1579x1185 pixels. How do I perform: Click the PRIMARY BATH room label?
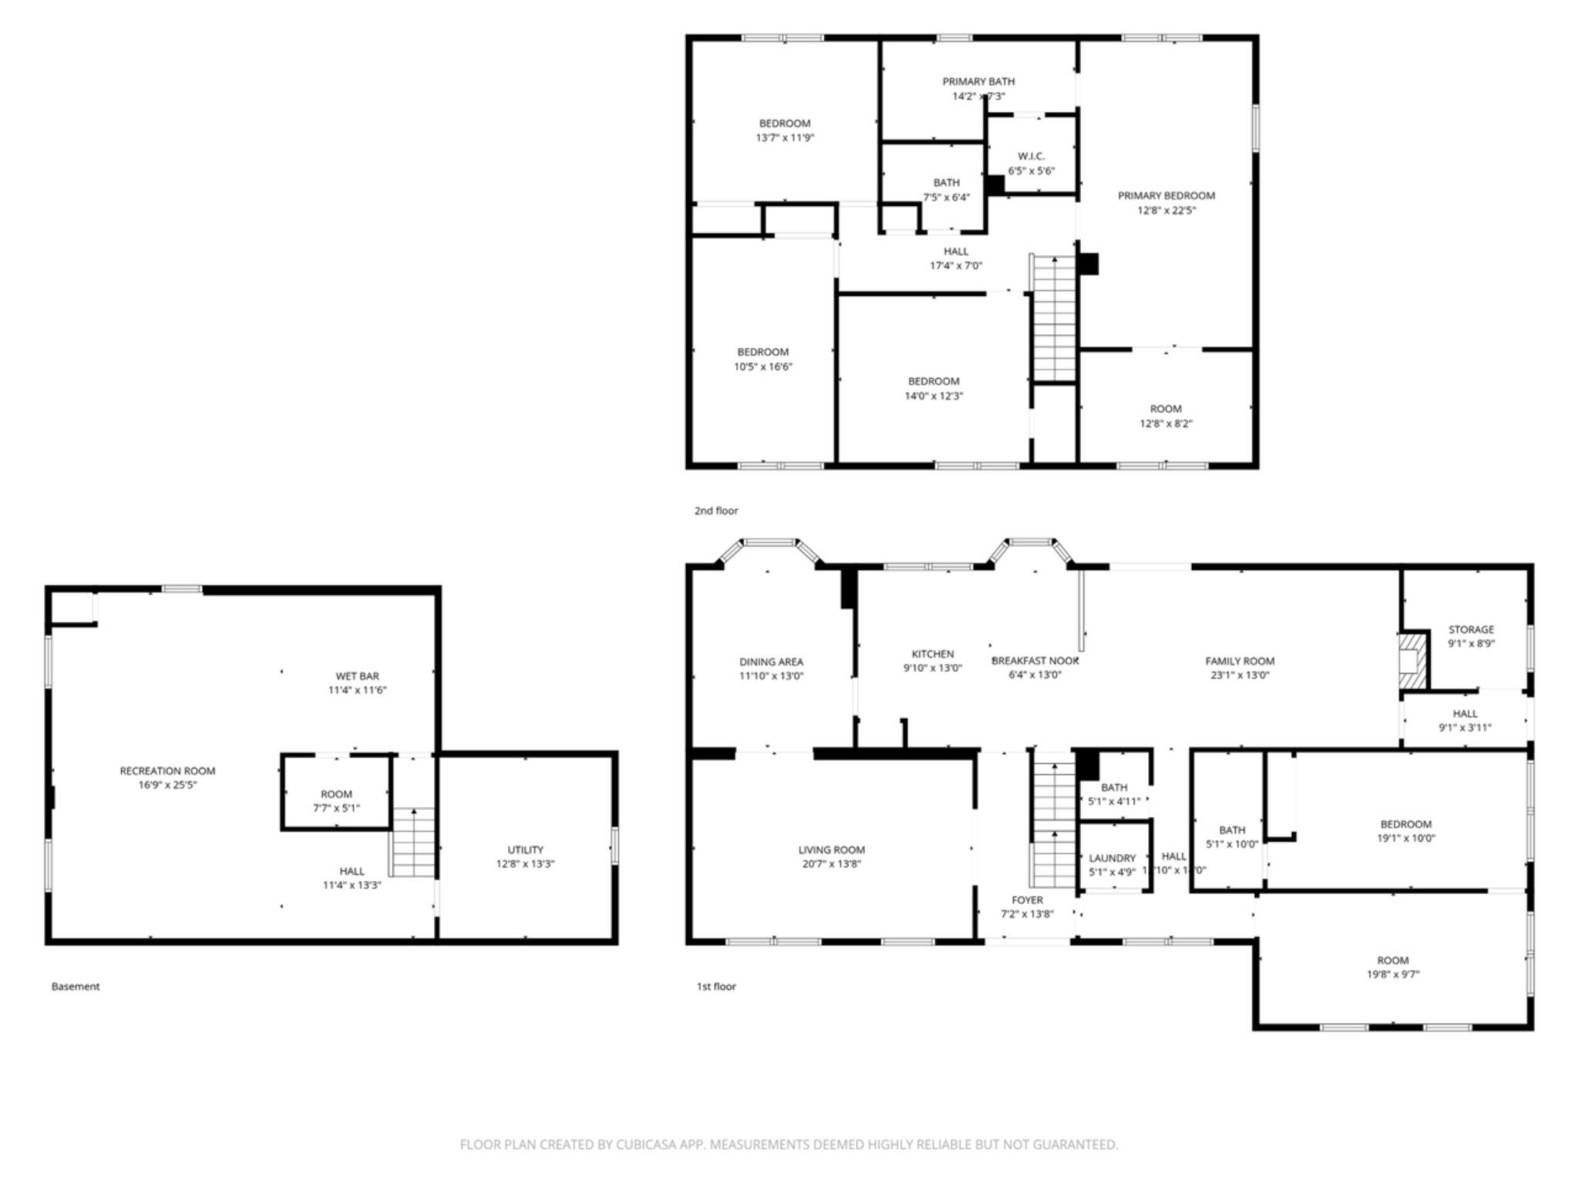pyautogui.click(x=978, y=81)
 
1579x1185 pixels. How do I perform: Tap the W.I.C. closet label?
pyautogui.click(x=1031, y=156)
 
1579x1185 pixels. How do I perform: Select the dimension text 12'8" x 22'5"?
pyautogui.click(x=1167, y=211)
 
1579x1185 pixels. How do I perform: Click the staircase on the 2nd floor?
pyautogui.click(x=1054, y=318)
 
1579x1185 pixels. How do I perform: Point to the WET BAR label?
pyautogui.click(x=357, y=676)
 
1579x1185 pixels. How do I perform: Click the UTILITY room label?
pyautogui.click(x=525, y=849)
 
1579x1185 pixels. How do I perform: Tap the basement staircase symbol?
pyautogui.click(x=414, y=842)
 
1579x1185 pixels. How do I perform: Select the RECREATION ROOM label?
pyautogui.click(x=167, y=771)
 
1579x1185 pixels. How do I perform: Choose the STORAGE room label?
pyautogui.click(x=1470, y=630)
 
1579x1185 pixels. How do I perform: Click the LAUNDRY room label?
pyautogui.click(x=1112, y=858)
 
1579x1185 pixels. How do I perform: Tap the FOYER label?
pyautogui.click(x=1027, y=900)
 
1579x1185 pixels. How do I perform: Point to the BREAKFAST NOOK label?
pyautogui.click(x=1035, y=660)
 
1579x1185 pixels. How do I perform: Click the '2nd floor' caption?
pyautogui.click(x=716, y=511)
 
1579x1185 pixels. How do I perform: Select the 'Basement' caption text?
pyautogui.click(x=76, y=986)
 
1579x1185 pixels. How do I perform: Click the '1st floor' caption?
pyautogui.click(x=716, y=986)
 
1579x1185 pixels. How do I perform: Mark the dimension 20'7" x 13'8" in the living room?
pyautogui.click(x=831, y=864)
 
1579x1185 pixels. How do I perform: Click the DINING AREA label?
pyautogui.click(x=771, y=661)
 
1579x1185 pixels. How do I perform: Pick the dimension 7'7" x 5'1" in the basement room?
pyautogui.click(x=336, y=809)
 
